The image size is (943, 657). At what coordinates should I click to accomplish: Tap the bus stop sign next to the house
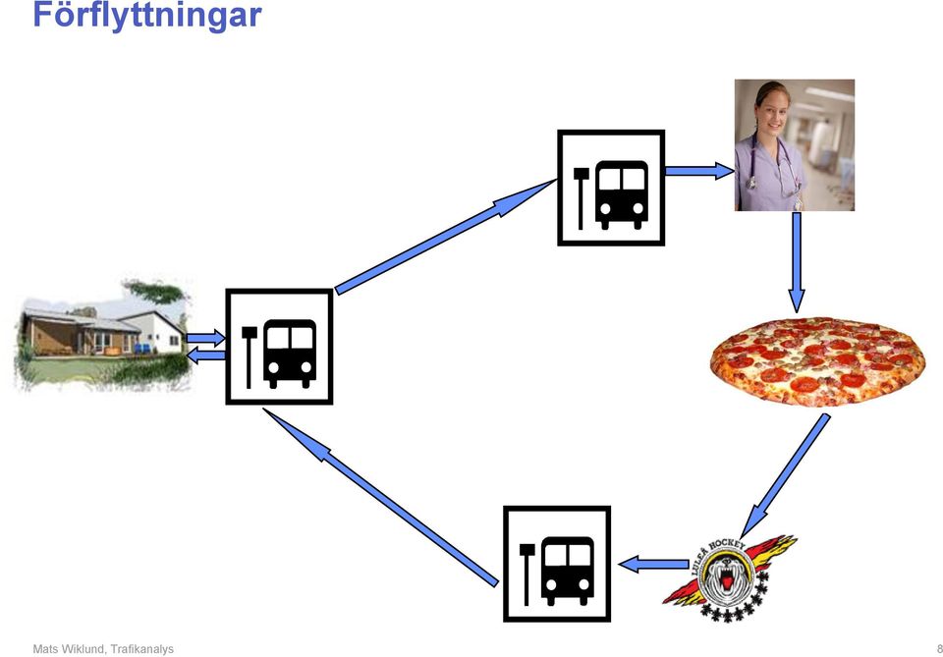coord(279,347)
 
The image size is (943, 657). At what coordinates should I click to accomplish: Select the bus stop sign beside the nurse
coord(611,188)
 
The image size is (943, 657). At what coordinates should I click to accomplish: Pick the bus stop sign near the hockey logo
coord(557,564)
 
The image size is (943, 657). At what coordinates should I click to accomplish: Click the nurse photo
coord(795,145)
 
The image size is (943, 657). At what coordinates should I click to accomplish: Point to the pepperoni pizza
coord(817,361)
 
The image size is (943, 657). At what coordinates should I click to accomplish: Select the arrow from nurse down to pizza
coord(797,262)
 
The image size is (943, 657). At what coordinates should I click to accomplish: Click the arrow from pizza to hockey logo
coord(785,475)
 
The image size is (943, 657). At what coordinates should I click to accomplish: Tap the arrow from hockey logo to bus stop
coord(654,565)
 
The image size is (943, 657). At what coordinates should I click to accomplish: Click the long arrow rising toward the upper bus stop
coord(446,237)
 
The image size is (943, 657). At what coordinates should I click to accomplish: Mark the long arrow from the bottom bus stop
coord(381,497)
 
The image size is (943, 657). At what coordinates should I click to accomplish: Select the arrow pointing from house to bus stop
coord(205,338)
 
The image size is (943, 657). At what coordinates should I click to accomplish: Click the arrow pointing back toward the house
coord(205,356)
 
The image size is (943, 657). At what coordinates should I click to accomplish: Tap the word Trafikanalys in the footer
coord(142,649)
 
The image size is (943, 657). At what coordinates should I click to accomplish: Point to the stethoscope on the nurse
coord(775,163)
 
